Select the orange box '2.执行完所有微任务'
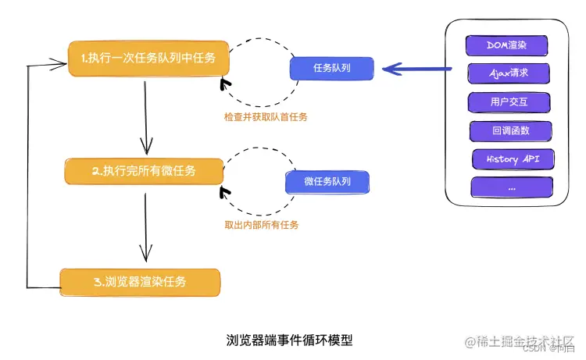pyautogui.click(x=144, y=171)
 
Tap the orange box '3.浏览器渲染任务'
pyautogui.click(x=141, y=281)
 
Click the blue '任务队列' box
pyautogui.click(x=331, y=68)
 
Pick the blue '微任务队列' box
pyautogui.click(x=327, y=182)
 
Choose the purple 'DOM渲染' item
pyautogui.click(x=506, y=45)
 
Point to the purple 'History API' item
pyautogui.click(x=513, y=159)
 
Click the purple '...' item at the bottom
pyautogui.click(x=511, y=187)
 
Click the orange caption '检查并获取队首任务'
pyautogui.click(x=266, y=117)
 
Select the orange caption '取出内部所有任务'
pyautogui.click(x=261, y=224)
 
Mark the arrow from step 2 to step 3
pyautogui.click(x=144, y=226)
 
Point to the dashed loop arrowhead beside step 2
pyautogui.click(x=226, y=191)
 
